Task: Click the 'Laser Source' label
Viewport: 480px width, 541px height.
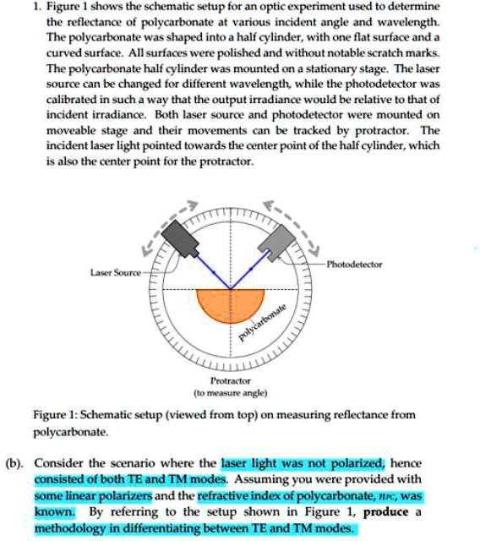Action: pyautogui.click(x=116, y=272)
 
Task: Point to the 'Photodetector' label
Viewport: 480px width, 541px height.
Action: pyautogui.click(x=355, y=265)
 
